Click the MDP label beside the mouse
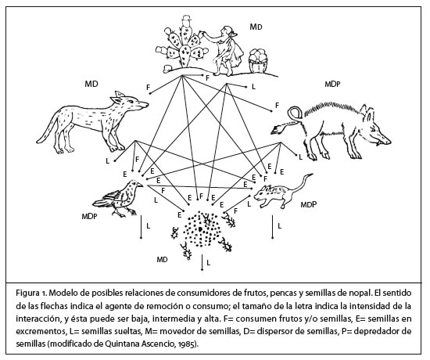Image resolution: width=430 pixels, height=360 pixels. click(309, 203)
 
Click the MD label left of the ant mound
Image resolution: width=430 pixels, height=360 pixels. click(161, 257)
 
